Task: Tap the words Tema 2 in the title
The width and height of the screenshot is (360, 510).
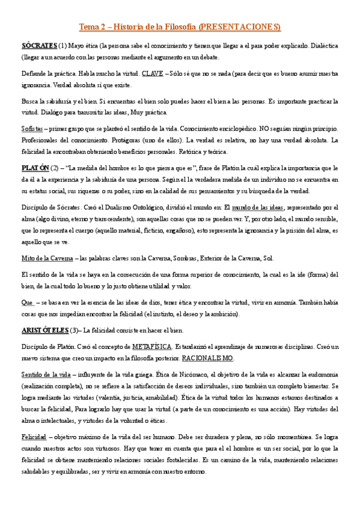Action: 92,27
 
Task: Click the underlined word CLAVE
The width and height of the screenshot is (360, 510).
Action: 152,74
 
